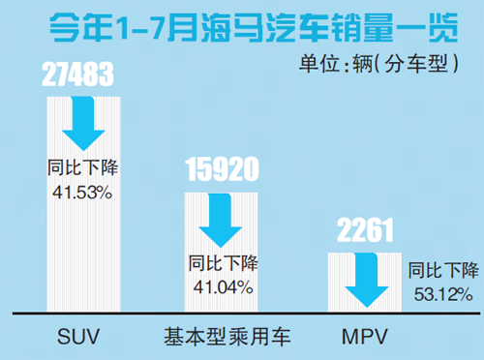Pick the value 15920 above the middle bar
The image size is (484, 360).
(x=222, y=172)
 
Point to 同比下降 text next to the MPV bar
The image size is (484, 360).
(x=442, y=269)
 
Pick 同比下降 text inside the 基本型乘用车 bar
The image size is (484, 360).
(x=223, y=263)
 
